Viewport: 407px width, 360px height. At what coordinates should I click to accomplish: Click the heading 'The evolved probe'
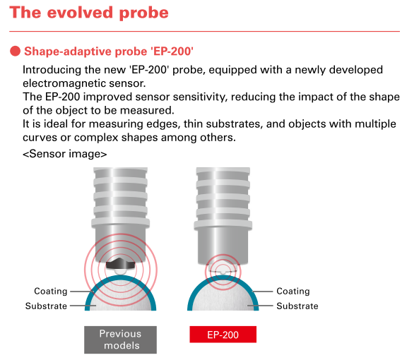pos(89,13)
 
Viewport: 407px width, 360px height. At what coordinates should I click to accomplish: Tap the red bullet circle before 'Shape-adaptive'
pos(15,51)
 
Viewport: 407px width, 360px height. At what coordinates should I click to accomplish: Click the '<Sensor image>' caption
pos(64,154)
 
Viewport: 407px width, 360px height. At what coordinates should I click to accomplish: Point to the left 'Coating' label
pos(51,291)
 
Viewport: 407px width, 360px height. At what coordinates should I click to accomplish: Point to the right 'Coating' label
pos(293,291)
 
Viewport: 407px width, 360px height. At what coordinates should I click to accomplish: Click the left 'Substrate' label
pos(46,306)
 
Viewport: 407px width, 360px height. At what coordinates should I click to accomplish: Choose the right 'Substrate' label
pos(297,306)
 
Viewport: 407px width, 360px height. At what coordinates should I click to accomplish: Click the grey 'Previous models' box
pos(120,340)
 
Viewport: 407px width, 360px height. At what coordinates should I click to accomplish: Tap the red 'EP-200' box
pos(223,335)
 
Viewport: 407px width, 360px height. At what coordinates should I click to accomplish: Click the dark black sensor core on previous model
pos(120,264)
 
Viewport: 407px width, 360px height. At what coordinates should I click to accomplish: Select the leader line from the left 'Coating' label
pos(82,292)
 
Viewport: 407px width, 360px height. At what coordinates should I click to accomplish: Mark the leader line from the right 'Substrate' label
pos(260,306)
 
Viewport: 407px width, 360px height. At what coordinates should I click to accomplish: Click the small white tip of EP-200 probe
pos(223,272)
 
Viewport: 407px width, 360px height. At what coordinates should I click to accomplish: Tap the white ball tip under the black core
pos(120,271)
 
